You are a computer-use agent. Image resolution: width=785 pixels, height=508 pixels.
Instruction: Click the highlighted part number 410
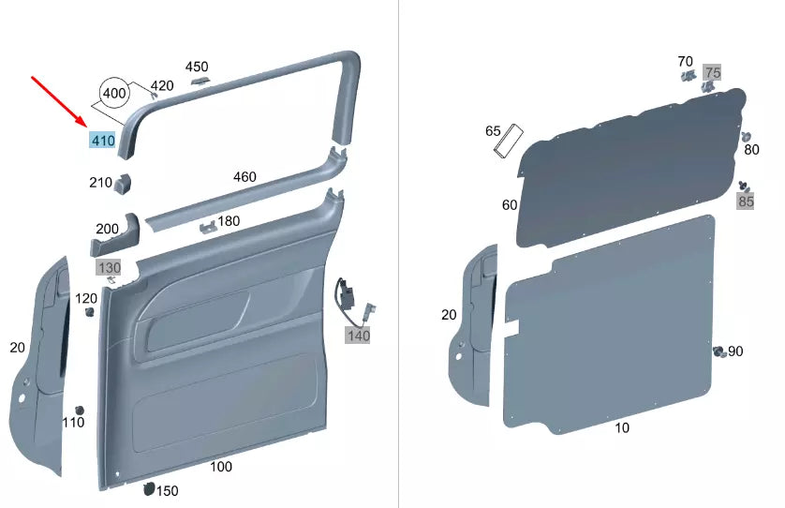102,142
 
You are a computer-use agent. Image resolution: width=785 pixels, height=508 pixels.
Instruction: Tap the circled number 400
114,94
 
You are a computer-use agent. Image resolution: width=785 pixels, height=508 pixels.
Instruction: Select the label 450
197,67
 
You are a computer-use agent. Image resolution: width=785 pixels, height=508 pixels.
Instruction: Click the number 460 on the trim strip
244,176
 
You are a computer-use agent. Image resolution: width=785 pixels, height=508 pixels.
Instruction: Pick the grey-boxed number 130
109,268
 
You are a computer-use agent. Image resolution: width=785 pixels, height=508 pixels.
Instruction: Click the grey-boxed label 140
359,336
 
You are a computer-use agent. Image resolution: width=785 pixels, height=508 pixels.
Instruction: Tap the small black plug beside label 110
80,411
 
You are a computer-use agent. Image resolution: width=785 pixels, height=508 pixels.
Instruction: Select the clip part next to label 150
147,487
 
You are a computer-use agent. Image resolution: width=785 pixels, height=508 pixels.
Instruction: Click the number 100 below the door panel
221,466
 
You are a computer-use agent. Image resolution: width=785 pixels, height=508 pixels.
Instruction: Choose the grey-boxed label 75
713,72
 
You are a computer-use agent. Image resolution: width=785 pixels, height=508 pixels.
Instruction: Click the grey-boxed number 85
746,201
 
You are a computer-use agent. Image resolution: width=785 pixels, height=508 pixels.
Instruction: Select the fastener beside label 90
718,351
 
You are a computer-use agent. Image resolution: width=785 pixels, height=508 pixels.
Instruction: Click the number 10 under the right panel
622,427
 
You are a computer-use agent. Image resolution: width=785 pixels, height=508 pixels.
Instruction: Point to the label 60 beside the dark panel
510,204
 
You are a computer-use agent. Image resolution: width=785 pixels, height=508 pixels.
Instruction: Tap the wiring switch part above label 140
348,293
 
